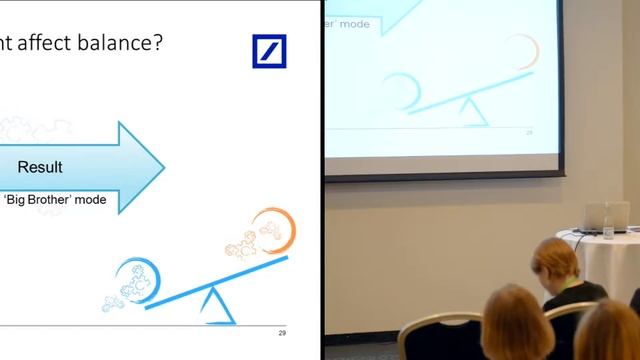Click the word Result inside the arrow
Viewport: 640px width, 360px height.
click(40, 167)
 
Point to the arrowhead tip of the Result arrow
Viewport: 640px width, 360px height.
click(163, 167)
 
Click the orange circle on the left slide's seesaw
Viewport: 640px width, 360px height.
click(274, 229)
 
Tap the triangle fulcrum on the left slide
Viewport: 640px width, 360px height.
click(217, 307)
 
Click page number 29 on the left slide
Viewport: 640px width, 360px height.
click(282, 332)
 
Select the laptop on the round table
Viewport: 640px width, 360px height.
click(607, 217)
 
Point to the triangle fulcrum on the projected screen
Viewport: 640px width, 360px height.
click(473, 114)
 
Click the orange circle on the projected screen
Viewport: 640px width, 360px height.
click(521, 52)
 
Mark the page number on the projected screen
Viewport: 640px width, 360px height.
click(530, 132)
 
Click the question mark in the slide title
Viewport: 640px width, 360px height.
click(157, 44)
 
